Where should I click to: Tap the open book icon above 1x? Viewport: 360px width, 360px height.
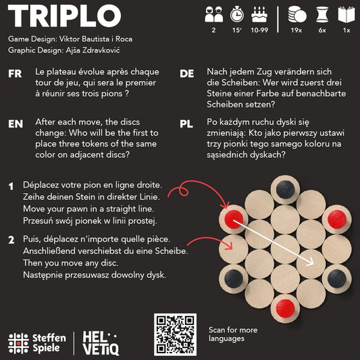point(346,14)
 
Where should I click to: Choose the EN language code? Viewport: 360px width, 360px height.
point(16,124)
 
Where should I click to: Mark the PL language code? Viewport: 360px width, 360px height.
point(187,124)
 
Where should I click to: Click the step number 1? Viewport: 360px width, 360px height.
point(11,185)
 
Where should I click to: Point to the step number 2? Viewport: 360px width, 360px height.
point(11,240)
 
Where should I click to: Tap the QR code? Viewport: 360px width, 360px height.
point(176,335)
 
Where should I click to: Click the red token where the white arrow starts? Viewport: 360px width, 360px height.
point(233,217)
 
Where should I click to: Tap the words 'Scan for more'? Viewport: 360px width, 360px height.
point(233,330)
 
